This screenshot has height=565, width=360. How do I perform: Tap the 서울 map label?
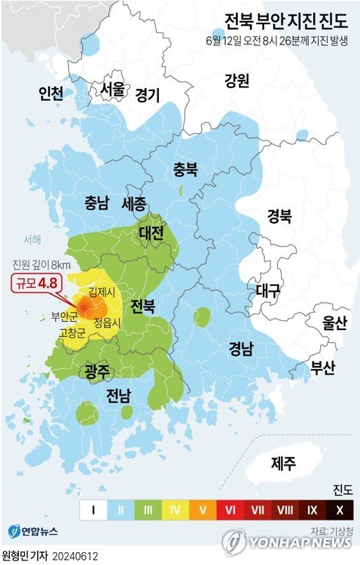[113, 88]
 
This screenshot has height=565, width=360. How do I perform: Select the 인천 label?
[51, 93]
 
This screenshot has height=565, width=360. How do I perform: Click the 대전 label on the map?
[151, 233]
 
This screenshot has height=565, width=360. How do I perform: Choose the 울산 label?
[334, 324]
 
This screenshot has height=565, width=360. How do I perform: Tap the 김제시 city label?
[102, 292]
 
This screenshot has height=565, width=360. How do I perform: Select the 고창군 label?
[73, 331]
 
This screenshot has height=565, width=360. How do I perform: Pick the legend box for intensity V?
[202, 511]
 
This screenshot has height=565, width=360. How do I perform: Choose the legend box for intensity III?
[148, 511]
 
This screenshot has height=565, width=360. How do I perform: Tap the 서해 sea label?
[32, 240]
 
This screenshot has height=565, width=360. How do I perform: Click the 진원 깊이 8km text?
[41, 264]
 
